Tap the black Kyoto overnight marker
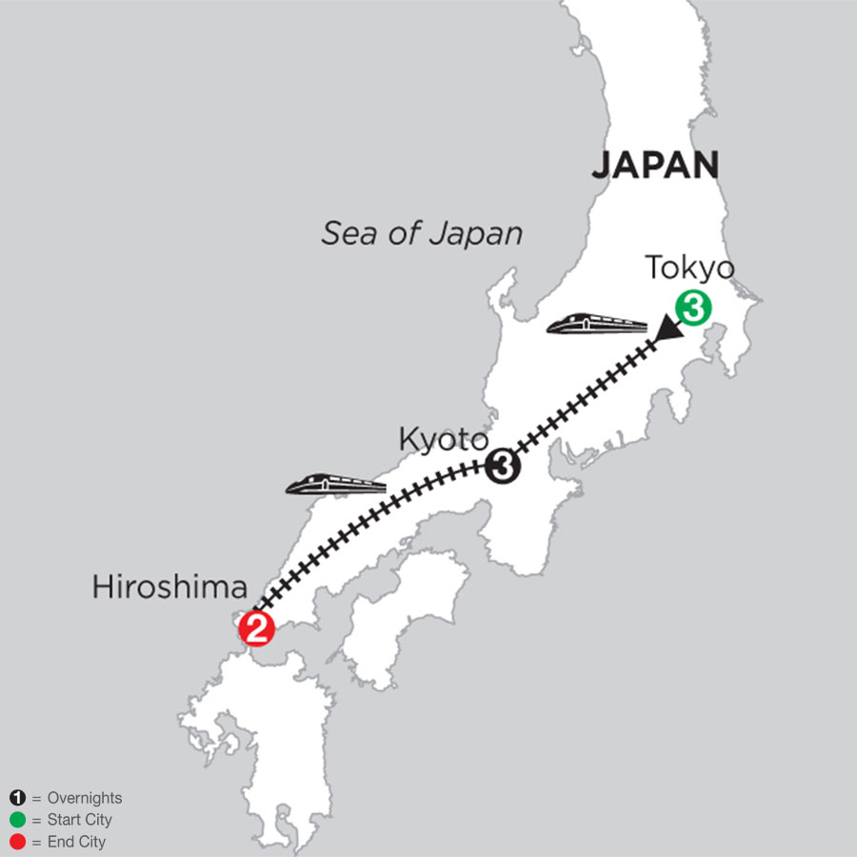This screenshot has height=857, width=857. (503, 467)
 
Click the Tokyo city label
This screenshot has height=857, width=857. (690, 269)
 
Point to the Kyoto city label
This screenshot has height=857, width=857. (442, 441)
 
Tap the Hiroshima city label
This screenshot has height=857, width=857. (169, 587)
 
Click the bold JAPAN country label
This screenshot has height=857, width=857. (654, 166)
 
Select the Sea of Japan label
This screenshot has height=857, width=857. (421, 233)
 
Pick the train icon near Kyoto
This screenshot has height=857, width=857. (335, 485)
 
